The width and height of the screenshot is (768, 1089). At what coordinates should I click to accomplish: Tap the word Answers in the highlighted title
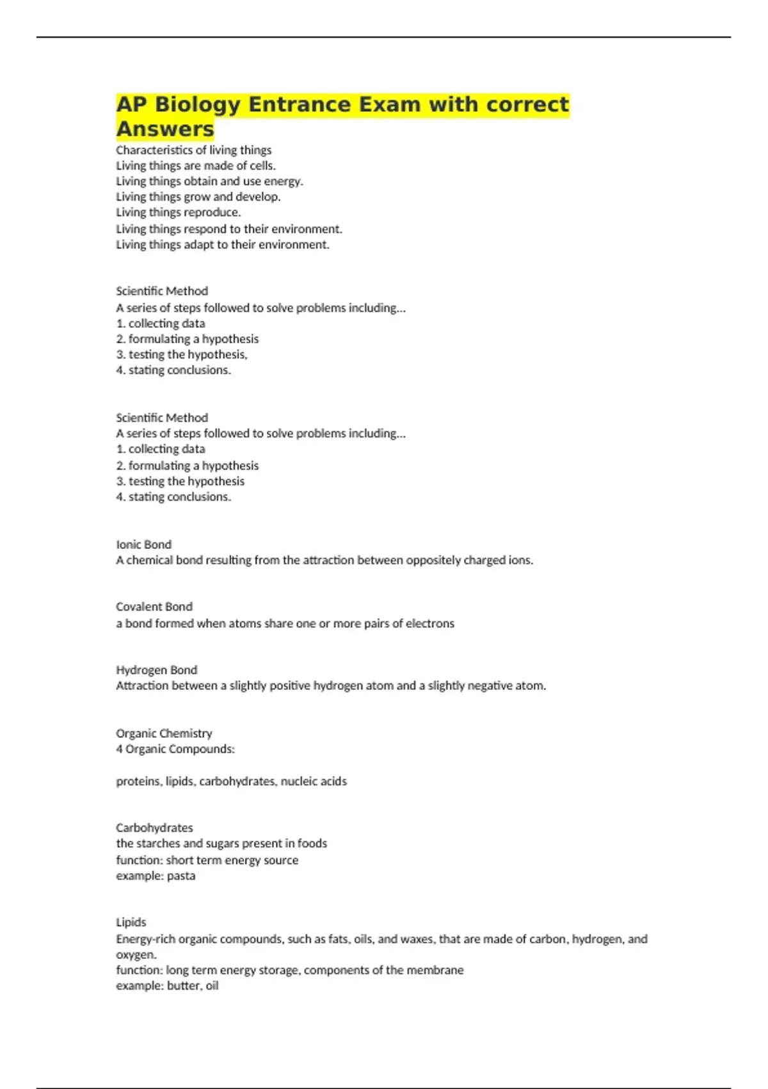coord(165,129)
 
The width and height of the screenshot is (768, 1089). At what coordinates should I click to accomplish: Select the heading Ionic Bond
coord(143,544)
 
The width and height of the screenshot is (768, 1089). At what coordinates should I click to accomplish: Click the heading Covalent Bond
coord(154,607)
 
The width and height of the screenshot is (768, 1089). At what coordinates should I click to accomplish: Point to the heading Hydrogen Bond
coord(156,670)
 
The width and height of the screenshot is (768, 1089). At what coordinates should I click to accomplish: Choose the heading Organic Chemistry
coord(164,733)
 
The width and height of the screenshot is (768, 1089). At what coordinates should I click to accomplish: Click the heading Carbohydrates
coord(154,828)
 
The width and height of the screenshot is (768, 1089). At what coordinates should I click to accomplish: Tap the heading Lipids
coord(131,922)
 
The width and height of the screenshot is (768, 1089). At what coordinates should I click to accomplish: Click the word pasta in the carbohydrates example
coord(181,876)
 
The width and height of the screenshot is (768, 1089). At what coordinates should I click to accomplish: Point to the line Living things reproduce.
coord(178,212)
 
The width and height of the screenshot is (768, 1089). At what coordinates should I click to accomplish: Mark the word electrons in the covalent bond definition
coord(430,623)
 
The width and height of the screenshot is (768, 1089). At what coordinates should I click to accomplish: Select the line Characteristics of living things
coord(193,150)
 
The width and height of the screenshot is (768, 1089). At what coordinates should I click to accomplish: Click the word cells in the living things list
coord(262,166)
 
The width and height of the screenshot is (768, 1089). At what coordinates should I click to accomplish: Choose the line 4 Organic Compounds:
coord(175,749)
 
